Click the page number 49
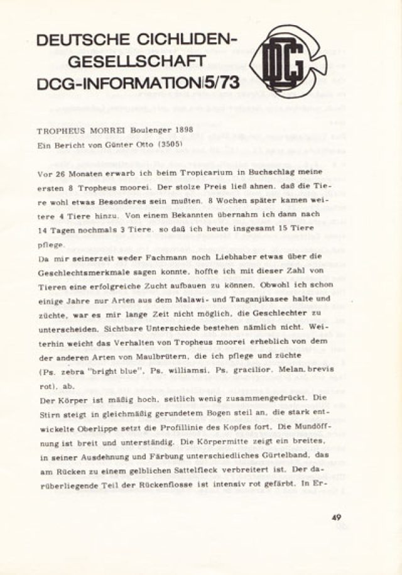point(337,518)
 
